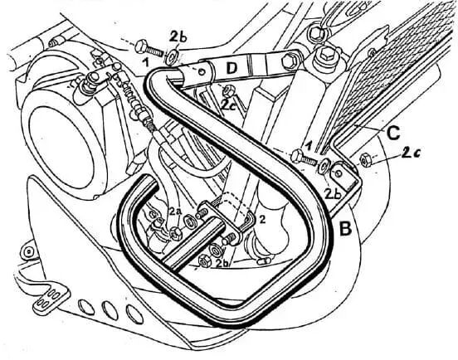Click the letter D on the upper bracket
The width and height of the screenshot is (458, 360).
tap(231, 69)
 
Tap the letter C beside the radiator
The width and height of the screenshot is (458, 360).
tap(392, 134)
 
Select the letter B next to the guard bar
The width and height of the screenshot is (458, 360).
tap(345, 229)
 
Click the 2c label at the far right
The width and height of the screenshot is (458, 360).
tap(411, 153)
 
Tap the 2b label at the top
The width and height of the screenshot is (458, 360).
tap(178, 38)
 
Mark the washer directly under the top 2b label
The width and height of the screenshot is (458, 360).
tap(170, 57)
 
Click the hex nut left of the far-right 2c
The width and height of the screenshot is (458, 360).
tap(365, 159)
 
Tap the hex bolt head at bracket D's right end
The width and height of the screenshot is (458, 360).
tap(288, 61)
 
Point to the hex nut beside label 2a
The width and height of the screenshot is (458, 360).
tap(176, 233)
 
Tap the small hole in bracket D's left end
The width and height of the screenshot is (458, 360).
tap(201, 71)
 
